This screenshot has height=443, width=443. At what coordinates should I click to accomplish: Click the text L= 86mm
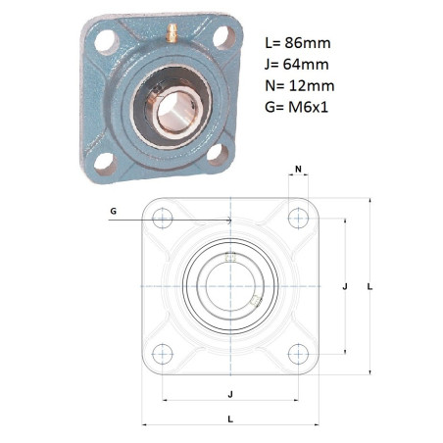(298, 43)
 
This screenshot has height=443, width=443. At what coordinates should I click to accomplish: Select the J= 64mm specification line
(297, 65)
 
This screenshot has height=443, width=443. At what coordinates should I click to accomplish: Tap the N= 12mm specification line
(300, 86)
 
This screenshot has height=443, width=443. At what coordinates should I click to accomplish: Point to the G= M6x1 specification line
(296, 107)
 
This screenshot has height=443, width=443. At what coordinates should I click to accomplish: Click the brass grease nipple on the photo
(172, 33)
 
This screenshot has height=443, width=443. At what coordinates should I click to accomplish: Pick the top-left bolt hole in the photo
(107, 41)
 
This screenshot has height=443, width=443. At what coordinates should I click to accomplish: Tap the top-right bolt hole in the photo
(224, 37)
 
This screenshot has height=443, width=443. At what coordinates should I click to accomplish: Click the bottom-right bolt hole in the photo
(218, 154)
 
